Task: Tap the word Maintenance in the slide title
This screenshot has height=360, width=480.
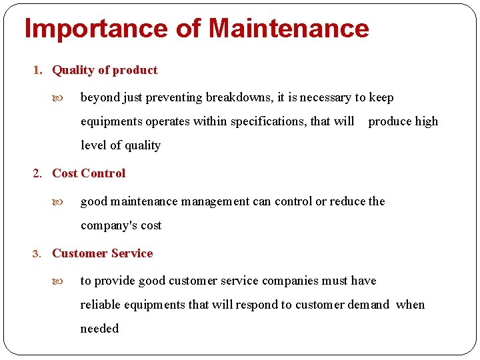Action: click(288, 29)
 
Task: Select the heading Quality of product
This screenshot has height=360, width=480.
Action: click(105, 70)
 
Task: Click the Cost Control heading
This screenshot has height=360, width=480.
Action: click(89, 173)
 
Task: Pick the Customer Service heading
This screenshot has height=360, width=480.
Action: click(102, 253)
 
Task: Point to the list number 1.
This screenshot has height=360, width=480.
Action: click(37, 71)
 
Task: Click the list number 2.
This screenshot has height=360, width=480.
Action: click(37, 174)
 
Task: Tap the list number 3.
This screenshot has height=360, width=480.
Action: click(37, 254)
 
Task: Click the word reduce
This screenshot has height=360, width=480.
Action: click(347, 201)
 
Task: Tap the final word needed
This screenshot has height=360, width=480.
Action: click(99, 329)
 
